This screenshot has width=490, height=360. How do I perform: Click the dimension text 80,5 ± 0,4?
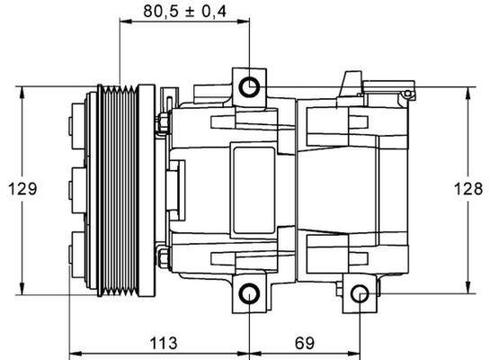pyautogui.click(x=183, y=12)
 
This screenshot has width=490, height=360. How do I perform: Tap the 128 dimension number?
pyautogui.click(x=467, y=189)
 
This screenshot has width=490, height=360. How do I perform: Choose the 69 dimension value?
pyautogui.click(x=304, y=343)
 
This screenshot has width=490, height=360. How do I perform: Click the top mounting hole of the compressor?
pyautogui.click(x=249, y=86)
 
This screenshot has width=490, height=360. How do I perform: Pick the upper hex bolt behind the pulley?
pyautogui.click(x=165, y=123)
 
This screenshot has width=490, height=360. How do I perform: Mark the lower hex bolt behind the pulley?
pyautogui.click(x=165, y=258)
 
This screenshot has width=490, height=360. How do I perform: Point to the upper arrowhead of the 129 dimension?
pyautogui.click(x=22, y=91)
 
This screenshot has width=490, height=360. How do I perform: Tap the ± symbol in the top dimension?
pyautogui.click(x=193, y=12)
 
